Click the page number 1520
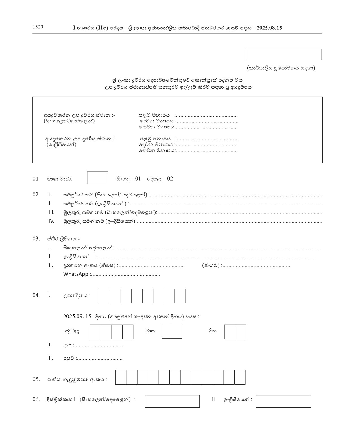pyautogui.click(x=38, y=27)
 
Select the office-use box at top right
pyautogui.click(x=284, y=54)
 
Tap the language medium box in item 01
pyautogui.click(x=97, y=178)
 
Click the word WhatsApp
pyautogui.click(x=75, y=274)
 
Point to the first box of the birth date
pyautogui.click(x=104, y=296)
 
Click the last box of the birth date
pyautogui.click(x=180, y=296)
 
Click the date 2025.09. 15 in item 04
pyautogui.click(x=77, y=316)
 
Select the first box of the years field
pyautogui.click(x=95, y=332)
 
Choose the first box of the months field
pyautogui.click(x=167, y=331)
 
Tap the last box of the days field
pyautogui.click(x=241, y=332)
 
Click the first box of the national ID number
pyautogui.click(x=121, y=377)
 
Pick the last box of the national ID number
pyautogui.click(x=240, y=377)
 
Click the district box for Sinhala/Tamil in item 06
pyautogui.click(x=172, y=401)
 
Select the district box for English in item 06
pyautogui.click(x=283, y=401)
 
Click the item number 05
pyautogui.click(x=36, y=379)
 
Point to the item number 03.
pyautogui.click(x=36, y=239)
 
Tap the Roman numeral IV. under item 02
pyautogui.click(x=51, y=221)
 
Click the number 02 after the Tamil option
pyautogui.click(x=170, y=179)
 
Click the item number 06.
pyautogui.click(x=36, y=400)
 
